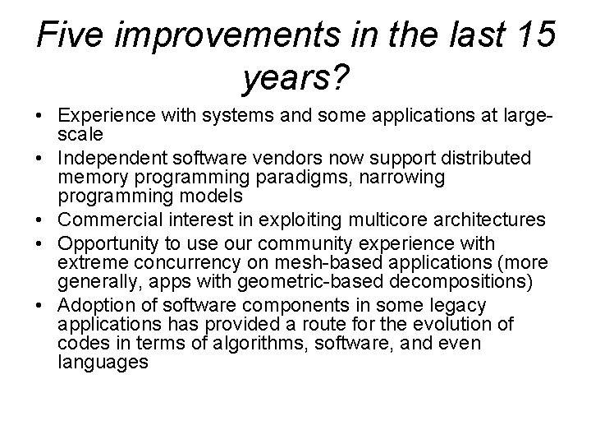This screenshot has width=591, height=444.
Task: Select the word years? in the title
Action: point(296,79)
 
